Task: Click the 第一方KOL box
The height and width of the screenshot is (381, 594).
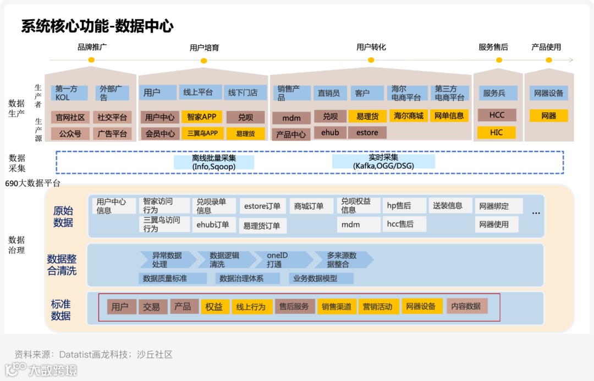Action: tap(70, 93)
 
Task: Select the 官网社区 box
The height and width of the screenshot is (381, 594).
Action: tap(70, 117)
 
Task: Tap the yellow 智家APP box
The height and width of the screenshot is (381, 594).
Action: tap(202, 117)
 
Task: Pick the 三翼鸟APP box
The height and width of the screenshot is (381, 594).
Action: tap(202, 133)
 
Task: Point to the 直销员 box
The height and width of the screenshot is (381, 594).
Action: tap(329, 93)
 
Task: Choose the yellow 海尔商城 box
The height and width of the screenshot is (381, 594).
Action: tap(409, 116)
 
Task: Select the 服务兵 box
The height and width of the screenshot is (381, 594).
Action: tap(494, 93)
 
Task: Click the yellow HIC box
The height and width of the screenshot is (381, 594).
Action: tap(496, 133)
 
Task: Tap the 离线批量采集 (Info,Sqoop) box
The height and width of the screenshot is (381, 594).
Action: tap(214, 162)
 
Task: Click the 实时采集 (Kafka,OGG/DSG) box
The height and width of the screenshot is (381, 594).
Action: tap(383, 161)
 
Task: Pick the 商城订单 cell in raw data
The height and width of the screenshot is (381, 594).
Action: tap(312, 206)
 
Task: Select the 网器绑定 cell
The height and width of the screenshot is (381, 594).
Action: tap(494, 206)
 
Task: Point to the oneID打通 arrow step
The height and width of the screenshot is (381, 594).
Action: tap(278, 260)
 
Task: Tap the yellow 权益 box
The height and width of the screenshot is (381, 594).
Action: tap(214, 307)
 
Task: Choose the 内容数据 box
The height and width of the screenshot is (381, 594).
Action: tap(466, 306)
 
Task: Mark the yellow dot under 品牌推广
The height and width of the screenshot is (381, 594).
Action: tap(91, 60)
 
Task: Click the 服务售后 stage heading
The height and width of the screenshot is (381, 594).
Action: tap(493, 47)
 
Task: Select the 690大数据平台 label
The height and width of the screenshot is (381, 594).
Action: tap(32, 183)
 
